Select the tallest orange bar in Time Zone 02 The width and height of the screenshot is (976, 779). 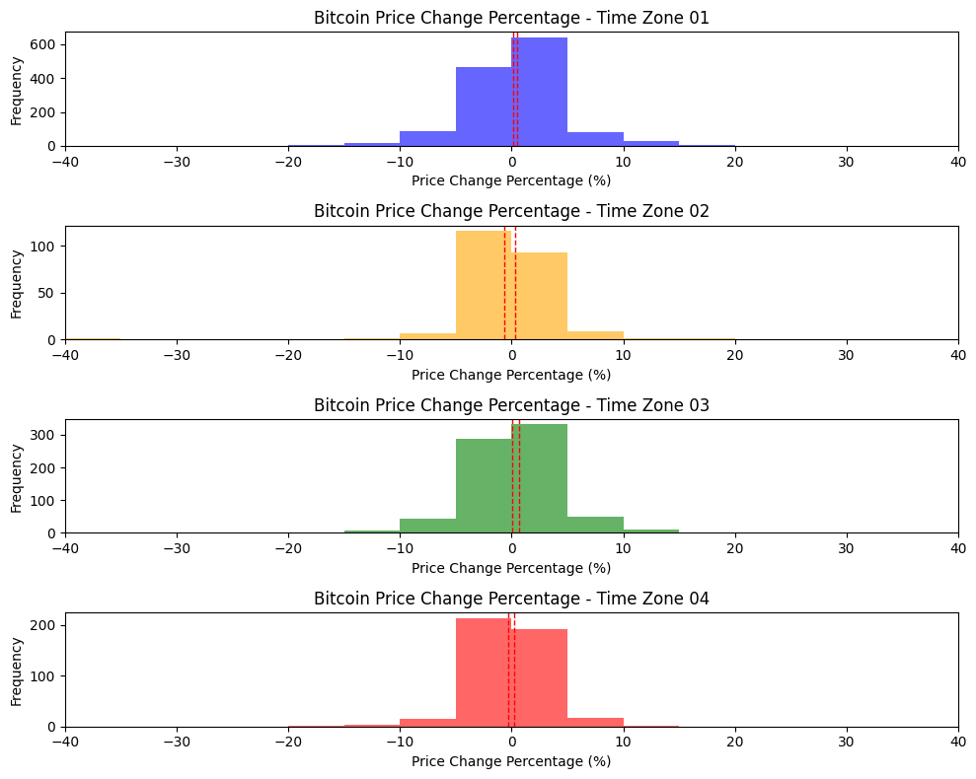[x=484, y=285]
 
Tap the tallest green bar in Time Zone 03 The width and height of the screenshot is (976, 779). [x=540, y=478]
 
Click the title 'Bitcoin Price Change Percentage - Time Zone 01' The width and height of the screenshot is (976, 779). [x=511, y=17]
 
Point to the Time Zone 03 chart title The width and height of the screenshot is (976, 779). [x=511, y=405]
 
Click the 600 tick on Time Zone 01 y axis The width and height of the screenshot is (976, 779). [x=44, y=44]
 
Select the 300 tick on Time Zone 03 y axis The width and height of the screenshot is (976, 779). [x=44, y=435]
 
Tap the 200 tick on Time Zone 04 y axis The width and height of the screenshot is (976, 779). [x=44, y=625]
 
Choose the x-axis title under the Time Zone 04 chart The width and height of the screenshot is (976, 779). [x=511, y=761]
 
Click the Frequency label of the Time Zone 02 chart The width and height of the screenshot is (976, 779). [x=16, y=283]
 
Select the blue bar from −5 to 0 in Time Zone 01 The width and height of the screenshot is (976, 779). [x=484, y=106]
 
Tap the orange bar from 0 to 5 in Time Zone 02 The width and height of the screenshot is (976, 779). [x=540, y=296]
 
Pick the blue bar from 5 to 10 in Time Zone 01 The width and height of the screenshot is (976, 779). [x=595, y=139]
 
